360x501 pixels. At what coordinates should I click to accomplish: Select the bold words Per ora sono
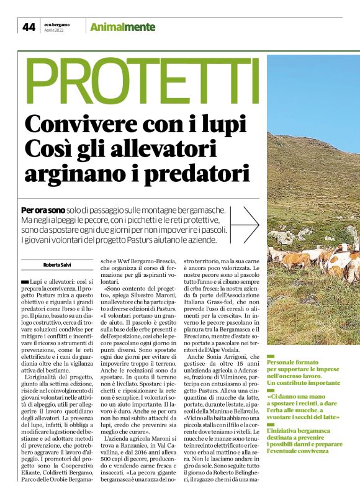tap(44, 210)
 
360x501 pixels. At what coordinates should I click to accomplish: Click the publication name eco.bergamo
tap(57, 24)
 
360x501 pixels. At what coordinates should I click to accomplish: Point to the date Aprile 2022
tap(53, 30)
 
